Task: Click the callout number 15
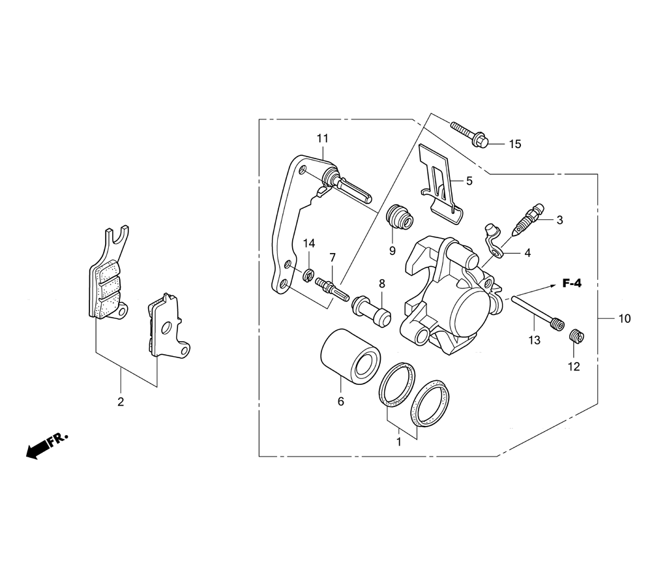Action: [x=515, y=144]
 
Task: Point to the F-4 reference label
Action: [x=572, y=284]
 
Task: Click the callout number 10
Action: [x=624, y=319]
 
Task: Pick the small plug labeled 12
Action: [x=576, y=336]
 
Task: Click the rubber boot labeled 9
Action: [x=400, y=217]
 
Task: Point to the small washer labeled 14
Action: [x=308, y=275]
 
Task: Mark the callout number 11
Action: [x=323, y=138]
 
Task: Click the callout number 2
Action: [x=121, y=402]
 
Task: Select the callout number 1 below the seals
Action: [x=399, y=442]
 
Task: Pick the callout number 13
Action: [x=535, y=340]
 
